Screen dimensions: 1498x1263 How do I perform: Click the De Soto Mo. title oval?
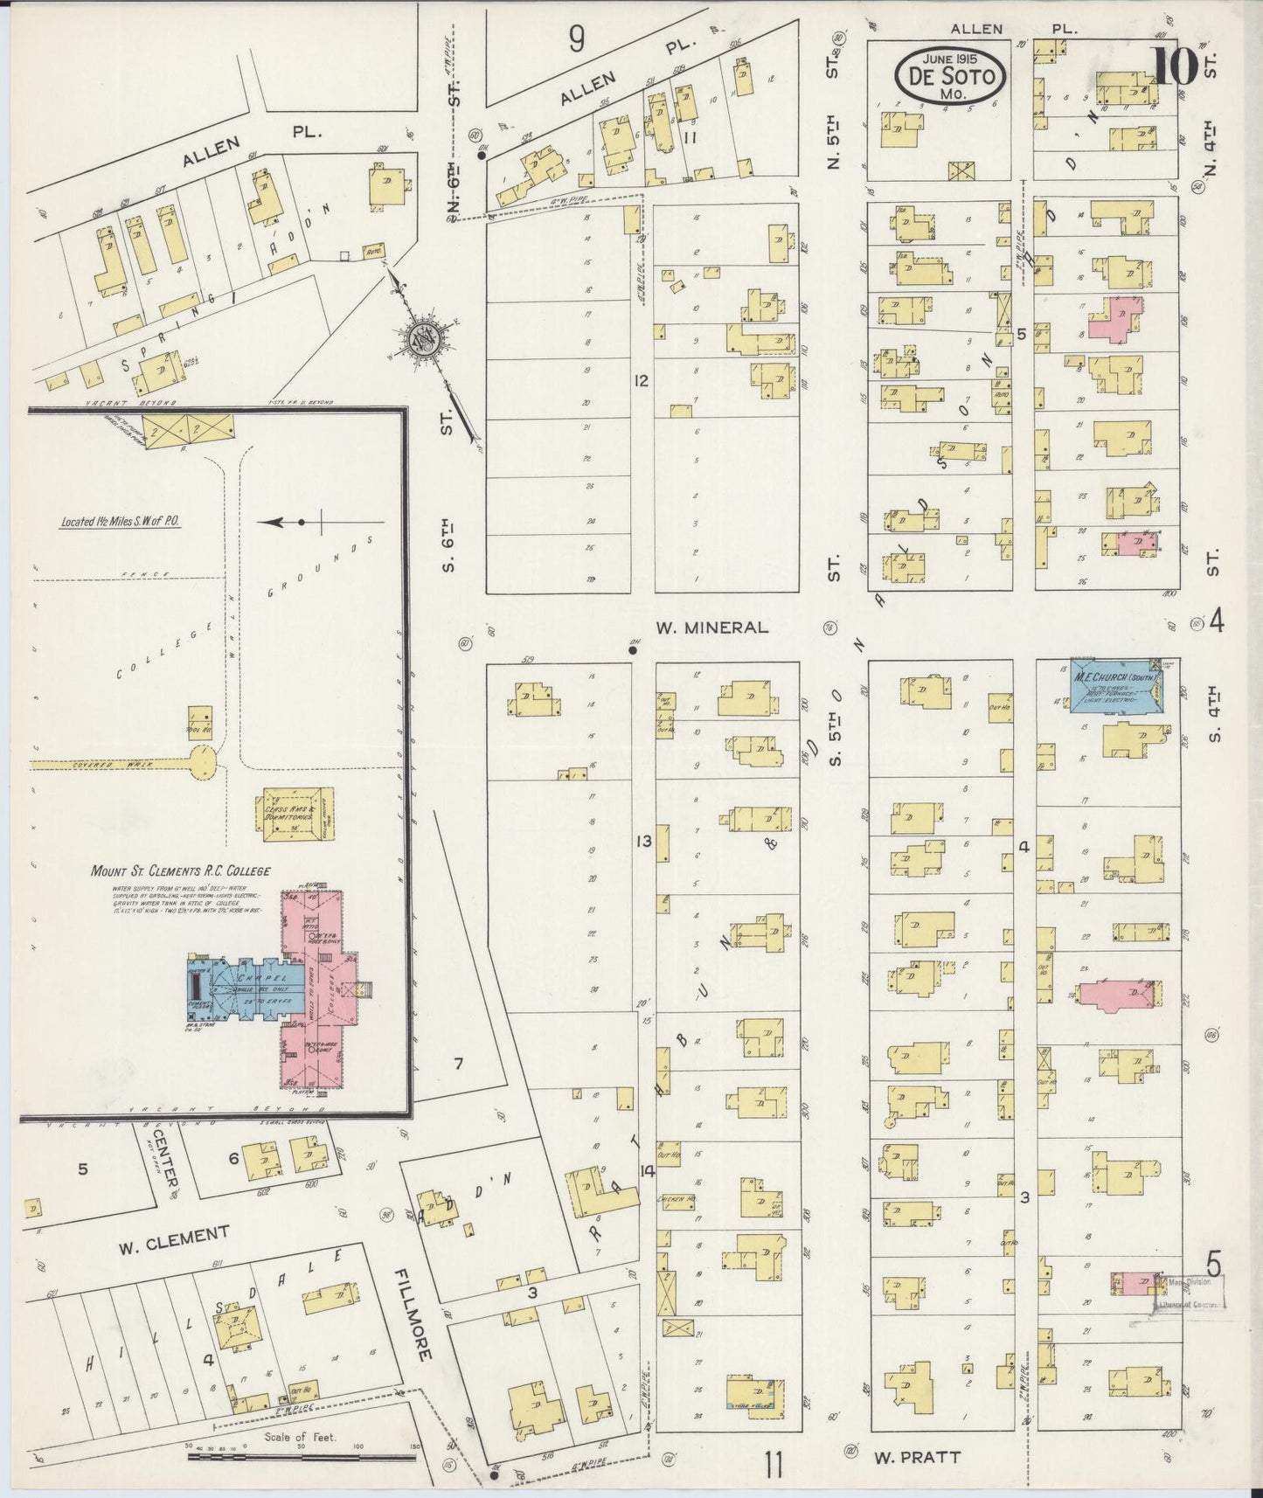click(951, 75)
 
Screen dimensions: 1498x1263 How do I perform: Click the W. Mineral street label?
click(713, 628)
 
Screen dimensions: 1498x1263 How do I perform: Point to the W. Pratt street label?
click(916, 1457)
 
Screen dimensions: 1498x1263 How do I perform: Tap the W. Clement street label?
click(174, 1238)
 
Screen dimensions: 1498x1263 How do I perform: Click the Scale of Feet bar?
click(302, 1457)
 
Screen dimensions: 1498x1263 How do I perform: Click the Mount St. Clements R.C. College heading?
click(180, 870)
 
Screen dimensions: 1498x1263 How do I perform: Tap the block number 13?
click(644, 842)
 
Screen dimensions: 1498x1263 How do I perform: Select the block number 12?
click(642, 380)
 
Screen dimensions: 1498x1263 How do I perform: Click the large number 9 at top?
click(575, 39)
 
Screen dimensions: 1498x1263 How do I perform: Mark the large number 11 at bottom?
click(773, 1465)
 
